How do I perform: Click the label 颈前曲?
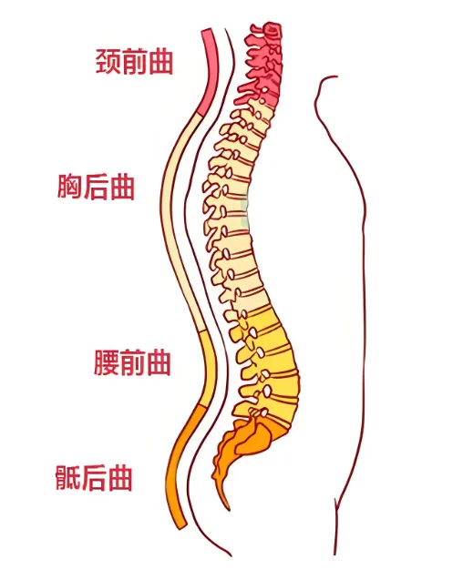[135, 61]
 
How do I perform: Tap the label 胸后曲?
[96, 188]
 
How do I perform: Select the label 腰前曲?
[132, 362]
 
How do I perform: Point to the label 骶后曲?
[94, 477]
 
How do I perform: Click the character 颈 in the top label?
[108, 61]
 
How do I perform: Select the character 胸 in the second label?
[69, 188]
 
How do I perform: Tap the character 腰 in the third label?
[107, 362]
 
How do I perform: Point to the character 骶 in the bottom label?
[68, 477]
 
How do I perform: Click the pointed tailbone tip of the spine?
[228, 508]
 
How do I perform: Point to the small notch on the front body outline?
[336, 504]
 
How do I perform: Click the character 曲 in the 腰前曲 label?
[159, 362]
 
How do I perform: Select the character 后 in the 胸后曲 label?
[95, 188]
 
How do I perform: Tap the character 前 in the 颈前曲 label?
[135, 61]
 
